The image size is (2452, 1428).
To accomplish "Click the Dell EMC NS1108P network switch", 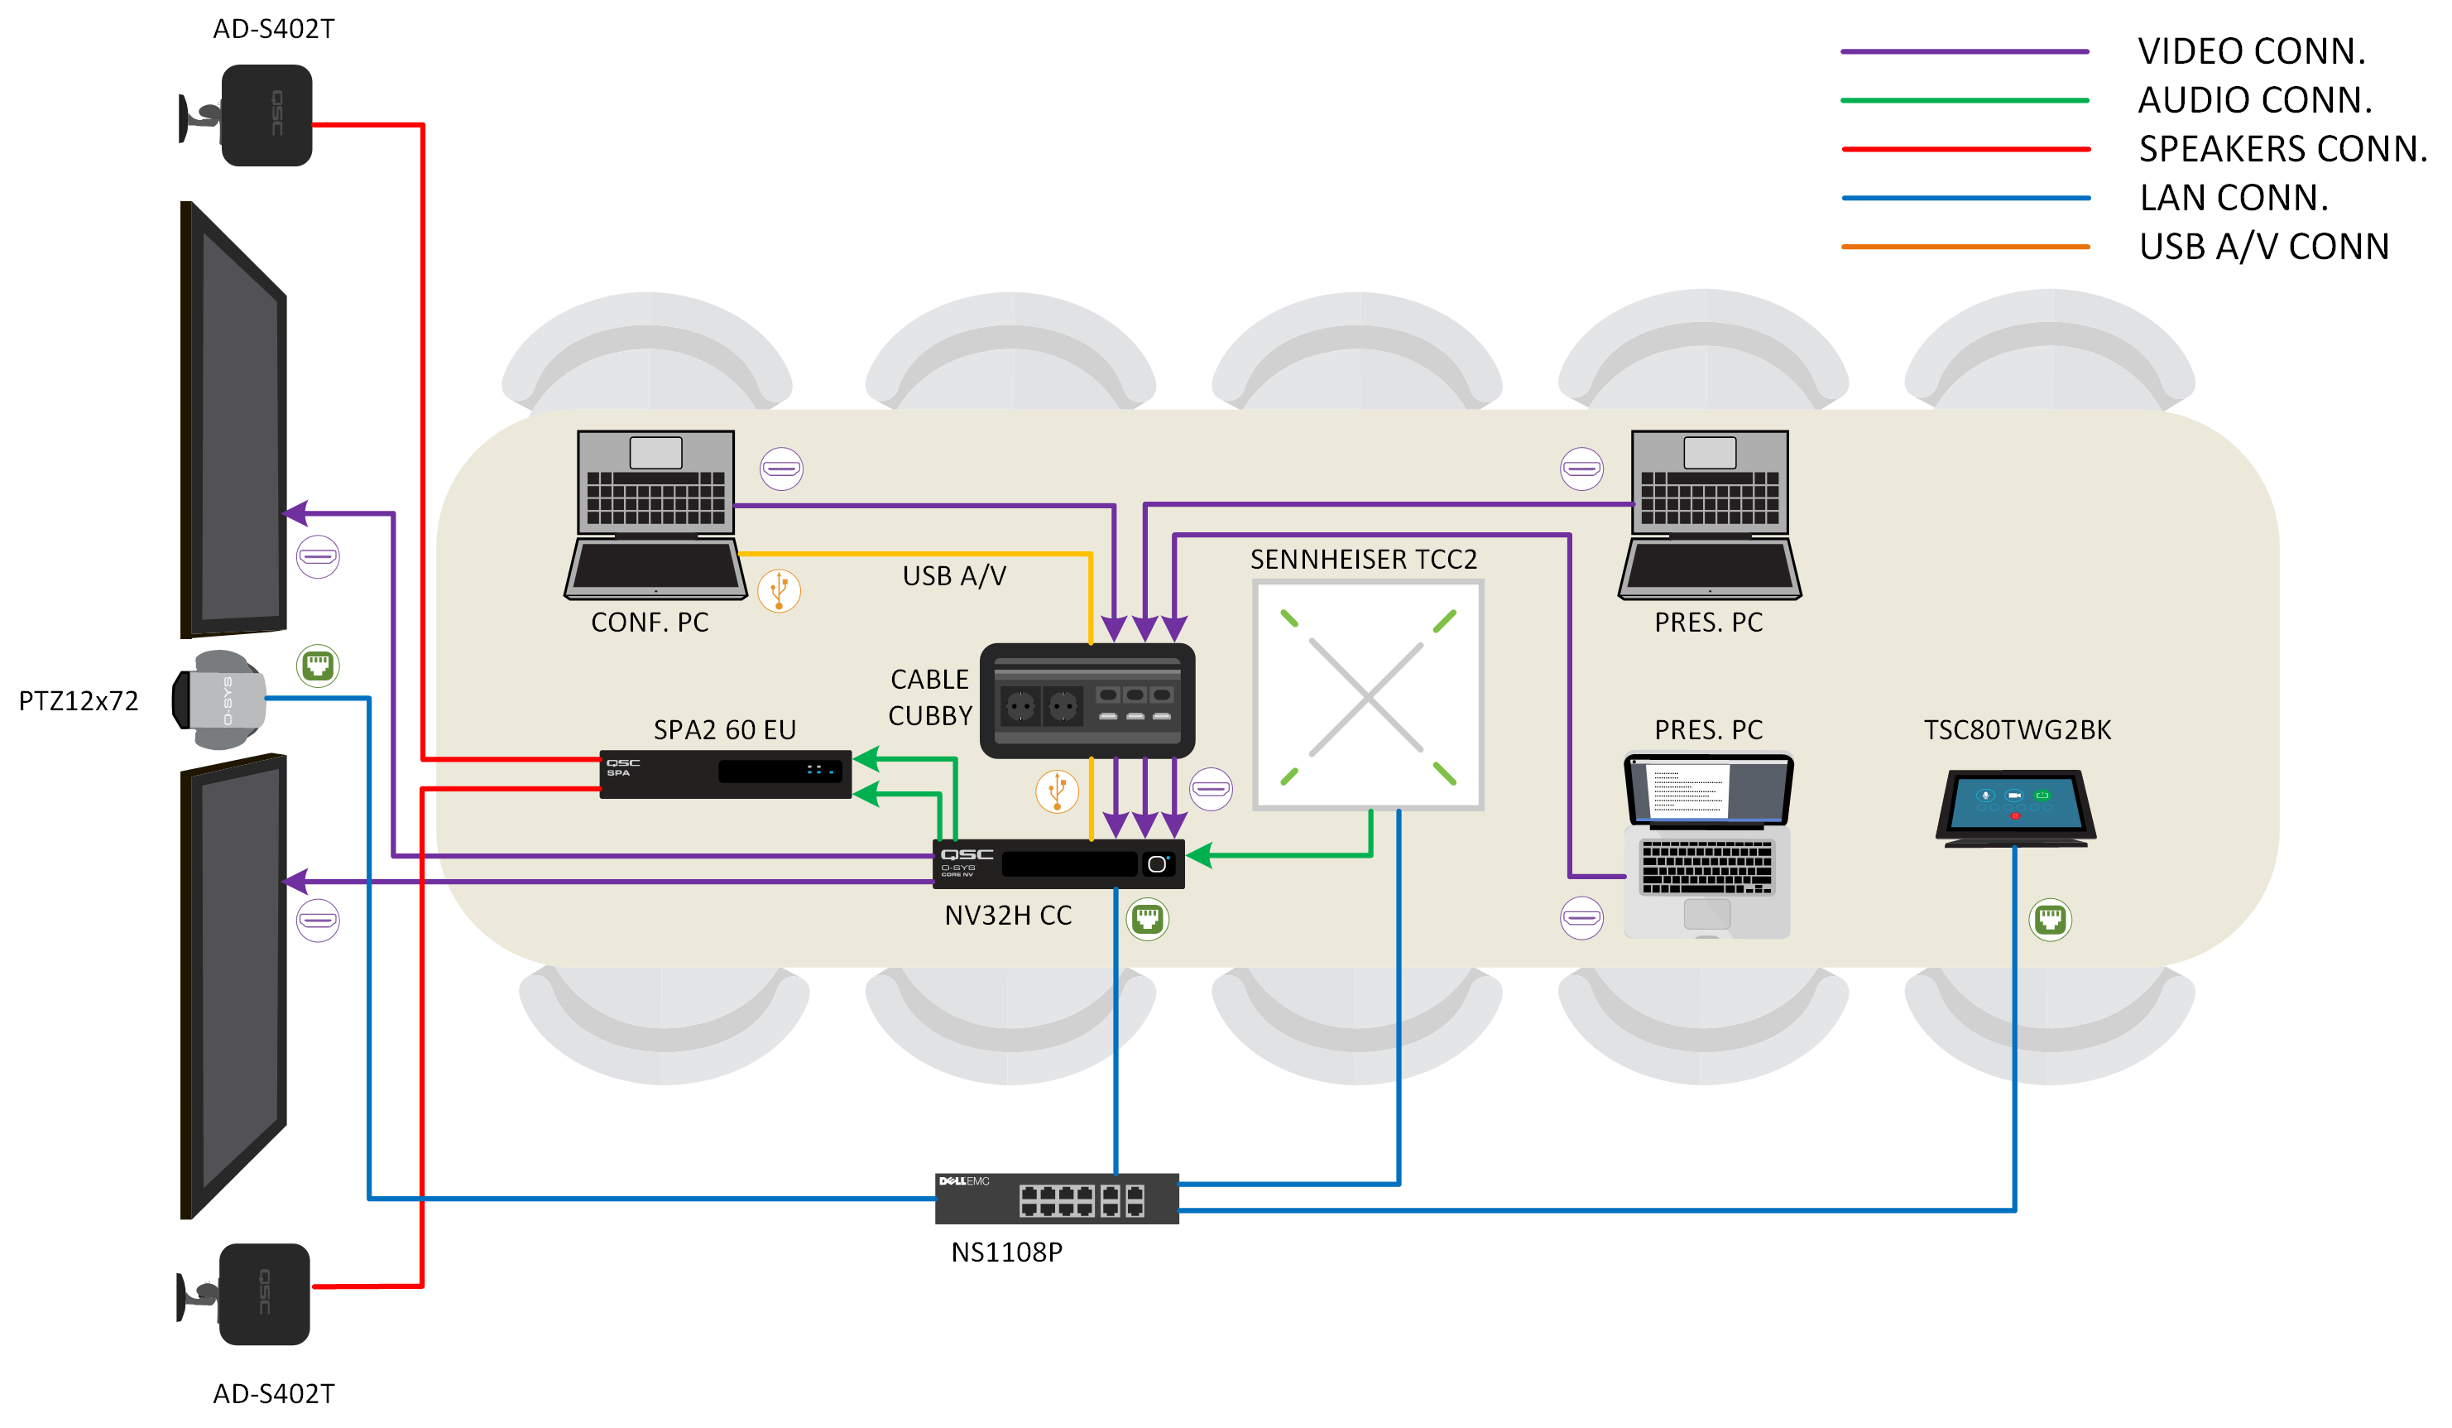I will click(1057, 1198).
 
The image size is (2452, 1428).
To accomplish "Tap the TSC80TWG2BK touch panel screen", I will click(2015, 802).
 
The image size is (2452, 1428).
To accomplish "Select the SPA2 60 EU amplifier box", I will click(726, 774).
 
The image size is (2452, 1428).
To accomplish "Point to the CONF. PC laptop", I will click(655, 514).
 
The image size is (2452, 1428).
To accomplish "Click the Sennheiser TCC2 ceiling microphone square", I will click(1367, 695).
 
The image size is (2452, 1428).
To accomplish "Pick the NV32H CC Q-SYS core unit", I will click(1058, 863).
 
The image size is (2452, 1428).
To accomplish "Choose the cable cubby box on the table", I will click(1087, 700).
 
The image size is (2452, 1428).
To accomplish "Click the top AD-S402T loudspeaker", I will click(265, 115).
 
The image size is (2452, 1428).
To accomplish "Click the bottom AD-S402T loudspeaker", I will click(262, 1294).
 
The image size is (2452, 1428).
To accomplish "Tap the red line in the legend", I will click(1965, 149).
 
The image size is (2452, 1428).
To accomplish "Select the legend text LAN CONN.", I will click(2233, 198).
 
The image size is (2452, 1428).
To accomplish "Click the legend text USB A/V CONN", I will click(2263, 246).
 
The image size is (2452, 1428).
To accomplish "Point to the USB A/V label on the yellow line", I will click(953, 575).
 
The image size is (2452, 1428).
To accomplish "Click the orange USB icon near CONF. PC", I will click(779, 590).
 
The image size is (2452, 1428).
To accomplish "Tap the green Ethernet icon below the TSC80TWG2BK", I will click(2049, 919).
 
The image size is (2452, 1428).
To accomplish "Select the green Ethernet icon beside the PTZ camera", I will click(317, 666).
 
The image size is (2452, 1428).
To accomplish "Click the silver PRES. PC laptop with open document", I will click(1708, 845).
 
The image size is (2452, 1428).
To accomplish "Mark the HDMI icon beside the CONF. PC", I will click(781, 469).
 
